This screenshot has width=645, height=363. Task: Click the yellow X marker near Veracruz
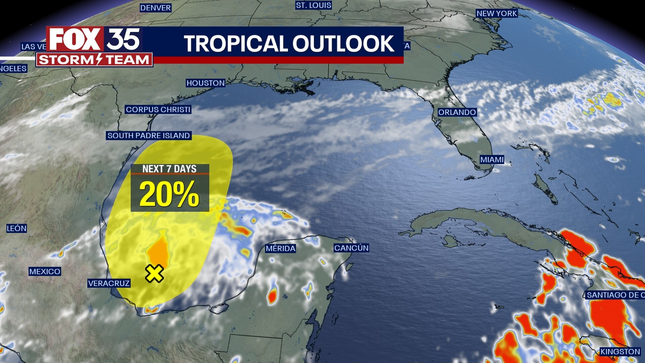tap(155, 273)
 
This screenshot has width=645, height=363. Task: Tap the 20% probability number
tap(169, 194)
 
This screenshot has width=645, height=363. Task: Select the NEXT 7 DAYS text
tap(169, 169)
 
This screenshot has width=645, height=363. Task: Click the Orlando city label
tap(457, 112)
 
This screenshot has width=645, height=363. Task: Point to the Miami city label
tap(492, 160)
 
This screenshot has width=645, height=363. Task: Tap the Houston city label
tap(206, 83)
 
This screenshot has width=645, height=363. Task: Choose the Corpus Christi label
tap(158, 110)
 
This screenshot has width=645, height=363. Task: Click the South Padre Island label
tap(149, 135)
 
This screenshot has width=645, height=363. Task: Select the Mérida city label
tap(281, 248)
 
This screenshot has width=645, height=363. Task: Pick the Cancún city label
tap(351, 248)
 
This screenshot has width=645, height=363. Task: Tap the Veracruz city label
tap(109, 283)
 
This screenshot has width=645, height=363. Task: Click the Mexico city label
tap(45, 272)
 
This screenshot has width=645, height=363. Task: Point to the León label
tap(16, 229)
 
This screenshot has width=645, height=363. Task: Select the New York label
tap(497, 13)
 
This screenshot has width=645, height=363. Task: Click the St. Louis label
tap(313, 5)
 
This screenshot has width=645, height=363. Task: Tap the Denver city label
tap(156, 8)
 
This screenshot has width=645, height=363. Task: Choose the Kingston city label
tap(620, 352)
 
